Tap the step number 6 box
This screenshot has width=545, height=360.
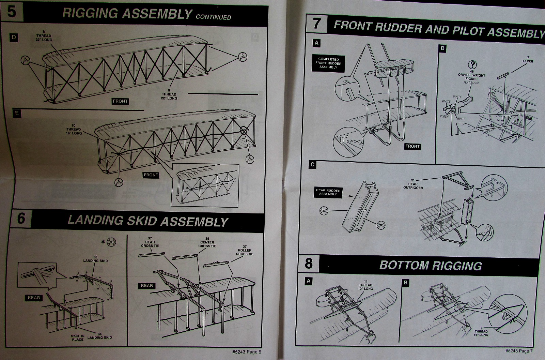pyautogui.click(x=21, y=218)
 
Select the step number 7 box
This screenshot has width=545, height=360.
pyautogui.click(x=316, y=24)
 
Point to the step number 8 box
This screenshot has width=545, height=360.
pyautogui.click(x=308, y=264)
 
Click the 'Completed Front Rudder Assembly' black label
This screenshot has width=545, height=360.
pyautogui.click(x=328, y=63)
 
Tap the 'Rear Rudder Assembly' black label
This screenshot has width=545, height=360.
pyautogui.click(x=328, y=192)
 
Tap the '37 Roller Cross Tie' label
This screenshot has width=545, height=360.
pyautogui.click(x=244, y=252)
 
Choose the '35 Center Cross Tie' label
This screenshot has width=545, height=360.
pyautogui.click(x=207, y=244)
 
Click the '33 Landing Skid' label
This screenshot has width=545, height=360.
pyautogui.click(x=95, y=259)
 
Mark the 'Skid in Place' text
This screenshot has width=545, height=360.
pyautogui.click(x=78, y=338)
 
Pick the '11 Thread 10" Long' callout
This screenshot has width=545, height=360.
pyautogui.click(x=365, y=285)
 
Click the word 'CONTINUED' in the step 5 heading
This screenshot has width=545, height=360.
pyautogui.click(x=213, y=17)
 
